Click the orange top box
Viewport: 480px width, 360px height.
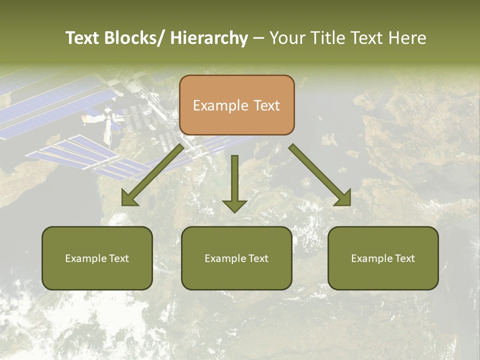(236, 105)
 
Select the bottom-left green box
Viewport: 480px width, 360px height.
(97, 258)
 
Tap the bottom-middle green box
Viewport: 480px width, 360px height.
(236, 258)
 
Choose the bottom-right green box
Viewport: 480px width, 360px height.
(383, 258)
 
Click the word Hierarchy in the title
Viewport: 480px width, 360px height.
(209, 38)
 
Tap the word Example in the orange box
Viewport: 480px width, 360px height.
(220, 105)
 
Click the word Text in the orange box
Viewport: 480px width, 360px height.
(266, 105)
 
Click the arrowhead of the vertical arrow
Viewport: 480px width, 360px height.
(234, 205)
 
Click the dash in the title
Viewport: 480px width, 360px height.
(258, 38)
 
